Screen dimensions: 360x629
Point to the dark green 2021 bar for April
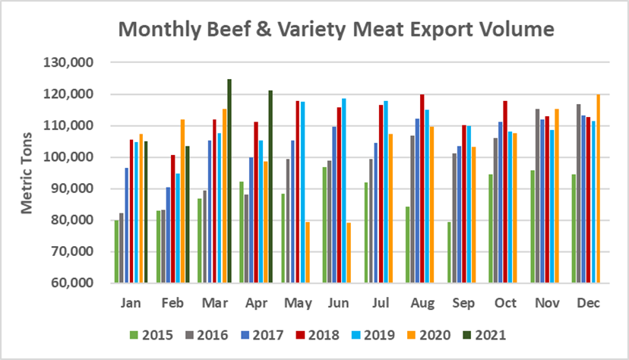tap(270, 186)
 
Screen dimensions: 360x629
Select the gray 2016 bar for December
tap(578, 193)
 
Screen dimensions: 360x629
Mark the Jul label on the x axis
tap(381, 302)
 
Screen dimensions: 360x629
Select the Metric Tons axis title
tap(27, 173)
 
